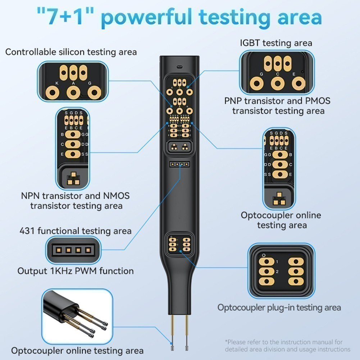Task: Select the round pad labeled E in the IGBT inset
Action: point(299,84)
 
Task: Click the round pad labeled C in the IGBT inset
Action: point(278,84)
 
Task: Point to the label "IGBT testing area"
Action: point(276,43)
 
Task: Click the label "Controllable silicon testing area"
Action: point(71,52)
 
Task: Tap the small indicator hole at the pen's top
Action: point(179,67)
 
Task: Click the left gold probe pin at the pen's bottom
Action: point(173,334)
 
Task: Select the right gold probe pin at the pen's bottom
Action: point(186,334)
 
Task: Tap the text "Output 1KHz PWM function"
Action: point(76,271)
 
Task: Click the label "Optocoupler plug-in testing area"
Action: point(279,307)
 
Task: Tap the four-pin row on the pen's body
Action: point(179,164)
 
